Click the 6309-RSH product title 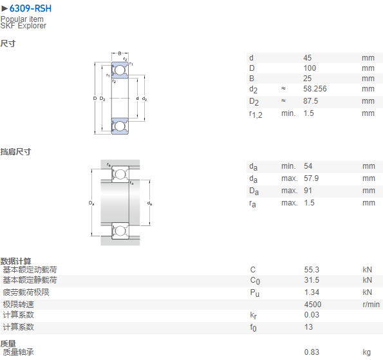30,8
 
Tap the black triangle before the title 5,9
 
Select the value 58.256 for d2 315,89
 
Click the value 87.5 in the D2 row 311,101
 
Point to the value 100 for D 310,68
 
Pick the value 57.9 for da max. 311,178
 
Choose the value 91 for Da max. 308,191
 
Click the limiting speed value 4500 313,305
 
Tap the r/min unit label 371,305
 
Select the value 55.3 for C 312,270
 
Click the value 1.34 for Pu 312,292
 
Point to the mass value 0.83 312,352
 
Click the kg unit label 367,352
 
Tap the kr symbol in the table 254,316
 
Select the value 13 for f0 308,327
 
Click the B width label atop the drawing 120,53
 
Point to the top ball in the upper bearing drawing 120,70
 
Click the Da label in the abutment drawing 91,203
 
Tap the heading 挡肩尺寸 15,152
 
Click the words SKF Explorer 23,26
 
